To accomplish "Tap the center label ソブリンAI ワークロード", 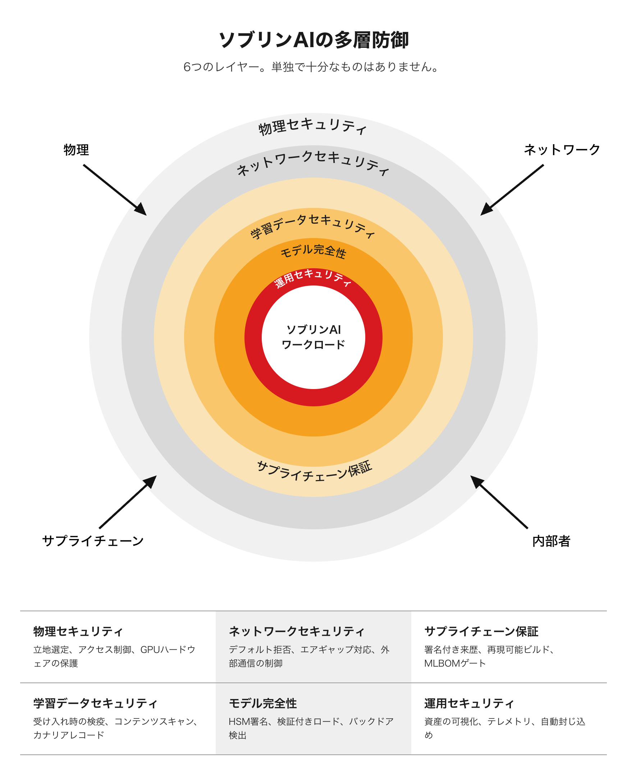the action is [313, 337].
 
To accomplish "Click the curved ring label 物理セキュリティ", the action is [312, 126].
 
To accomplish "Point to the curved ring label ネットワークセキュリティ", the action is [313, 162].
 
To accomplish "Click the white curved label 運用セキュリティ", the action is [313, 278].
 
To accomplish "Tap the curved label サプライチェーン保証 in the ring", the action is [314, 471].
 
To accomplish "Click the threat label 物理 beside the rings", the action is [76, 150].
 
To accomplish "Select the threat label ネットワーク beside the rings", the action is [562, 150].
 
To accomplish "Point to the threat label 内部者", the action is [551, 541].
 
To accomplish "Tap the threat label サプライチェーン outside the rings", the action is [93, 541].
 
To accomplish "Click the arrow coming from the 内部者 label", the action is [499, 502].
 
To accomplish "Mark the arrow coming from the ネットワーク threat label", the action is [512, 190].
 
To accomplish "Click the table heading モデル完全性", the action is [262, 703].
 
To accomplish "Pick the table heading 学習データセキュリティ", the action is [95, 703].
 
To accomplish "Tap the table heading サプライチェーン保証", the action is [481, 631].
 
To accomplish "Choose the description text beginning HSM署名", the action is [311, 728].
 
